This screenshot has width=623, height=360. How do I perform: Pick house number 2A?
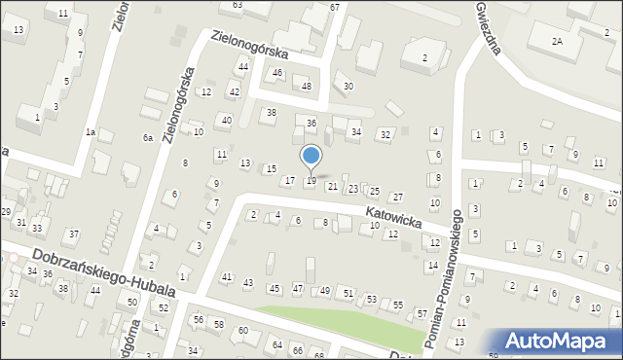pyautogui.click(x=557, y=42)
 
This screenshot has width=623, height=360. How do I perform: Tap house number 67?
pyautogui.click(x=335, y=7)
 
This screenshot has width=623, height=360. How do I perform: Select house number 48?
pyautogui.click(x=307, y=87)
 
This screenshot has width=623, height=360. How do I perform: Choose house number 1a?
pyautogui.click(x=90, y=132)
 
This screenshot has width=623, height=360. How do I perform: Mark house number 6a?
pyautogui.click(x=148, y=138)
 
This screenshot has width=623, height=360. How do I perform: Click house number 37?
pyautogui.click(x=73, y=234)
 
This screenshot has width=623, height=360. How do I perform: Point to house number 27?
pyautogui.click(x=397, y=198)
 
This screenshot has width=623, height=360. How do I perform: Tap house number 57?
pyautogui.click(x=421, y=313)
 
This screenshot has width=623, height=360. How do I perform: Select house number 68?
pyautogui.click(x=318, y=354)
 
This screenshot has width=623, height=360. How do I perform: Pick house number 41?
pyautogui.click(x=226, y=277)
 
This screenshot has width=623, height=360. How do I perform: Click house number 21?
pyautogui.click(x=333, y=186)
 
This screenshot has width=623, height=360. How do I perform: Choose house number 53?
pyautogui.click(x=372, y=299)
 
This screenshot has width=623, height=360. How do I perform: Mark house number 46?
pyautogui.click(x=277, y=73)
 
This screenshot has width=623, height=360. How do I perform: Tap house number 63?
pyautogui.click(x=237, y=5)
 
